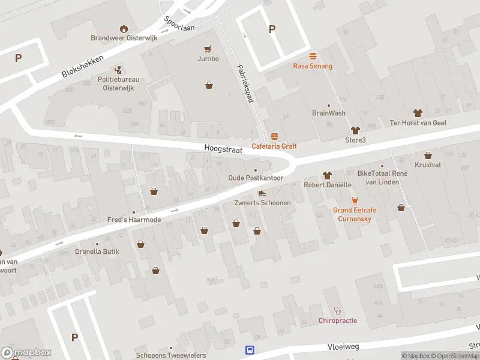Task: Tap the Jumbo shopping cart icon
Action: [208, 49]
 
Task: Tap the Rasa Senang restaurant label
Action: [313, 66]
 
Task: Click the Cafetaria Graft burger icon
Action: [274, 136]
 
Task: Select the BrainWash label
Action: [328, 113]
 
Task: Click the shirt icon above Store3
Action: [355, 130]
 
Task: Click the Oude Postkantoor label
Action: [256, 178]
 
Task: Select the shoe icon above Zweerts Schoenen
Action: [262, 193]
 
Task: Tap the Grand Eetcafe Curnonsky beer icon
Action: [355, 200]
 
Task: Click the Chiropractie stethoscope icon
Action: [337, 311]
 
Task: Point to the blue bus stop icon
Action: [249, 350]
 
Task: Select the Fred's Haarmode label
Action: [134, 220]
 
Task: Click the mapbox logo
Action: [26, 353]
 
